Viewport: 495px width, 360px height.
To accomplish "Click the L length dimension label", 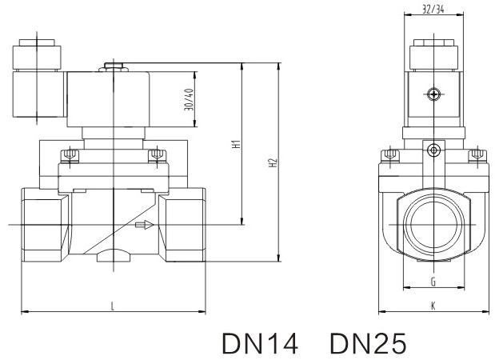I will point(113,305).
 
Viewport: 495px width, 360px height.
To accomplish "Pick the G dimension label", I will point(433,282).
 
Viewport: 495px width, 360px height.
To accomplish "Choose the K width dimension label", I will point(433,305).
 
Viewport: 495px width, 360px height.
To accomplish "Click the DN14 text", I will point(260,342).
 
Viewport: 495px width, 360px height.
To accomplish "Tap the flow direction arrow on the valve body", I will point(144,226).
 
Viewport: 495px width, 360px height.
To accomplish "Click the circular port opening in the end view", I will point(433,226).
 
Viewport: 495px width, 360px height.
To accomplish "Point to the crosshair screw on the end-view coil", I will point(433,94).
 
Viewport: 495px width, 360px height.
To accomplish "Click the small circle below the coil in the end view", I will point(433,149).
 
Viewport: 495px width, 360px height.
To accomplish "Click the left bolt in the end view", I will point(389,154).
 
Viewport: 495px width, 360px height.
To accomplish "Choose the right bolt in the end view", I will point(477,154).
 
